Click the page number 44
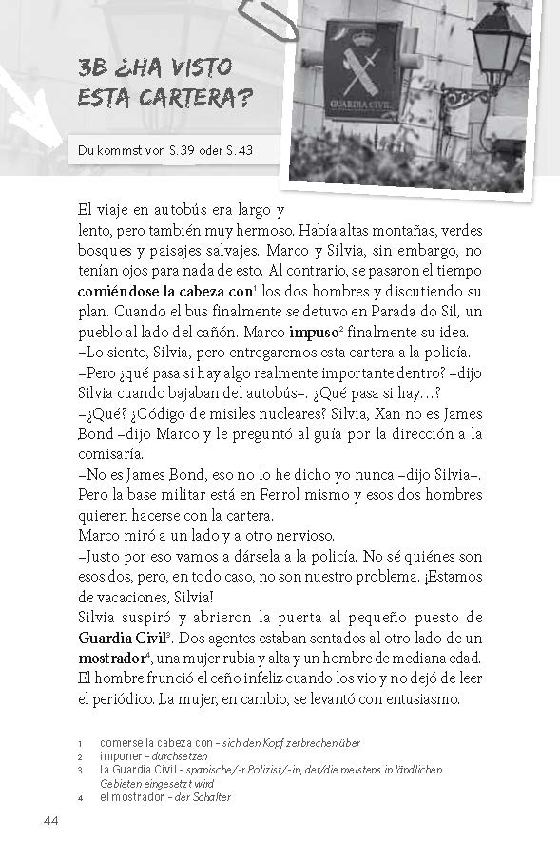51,821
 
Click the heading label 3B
95,68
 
